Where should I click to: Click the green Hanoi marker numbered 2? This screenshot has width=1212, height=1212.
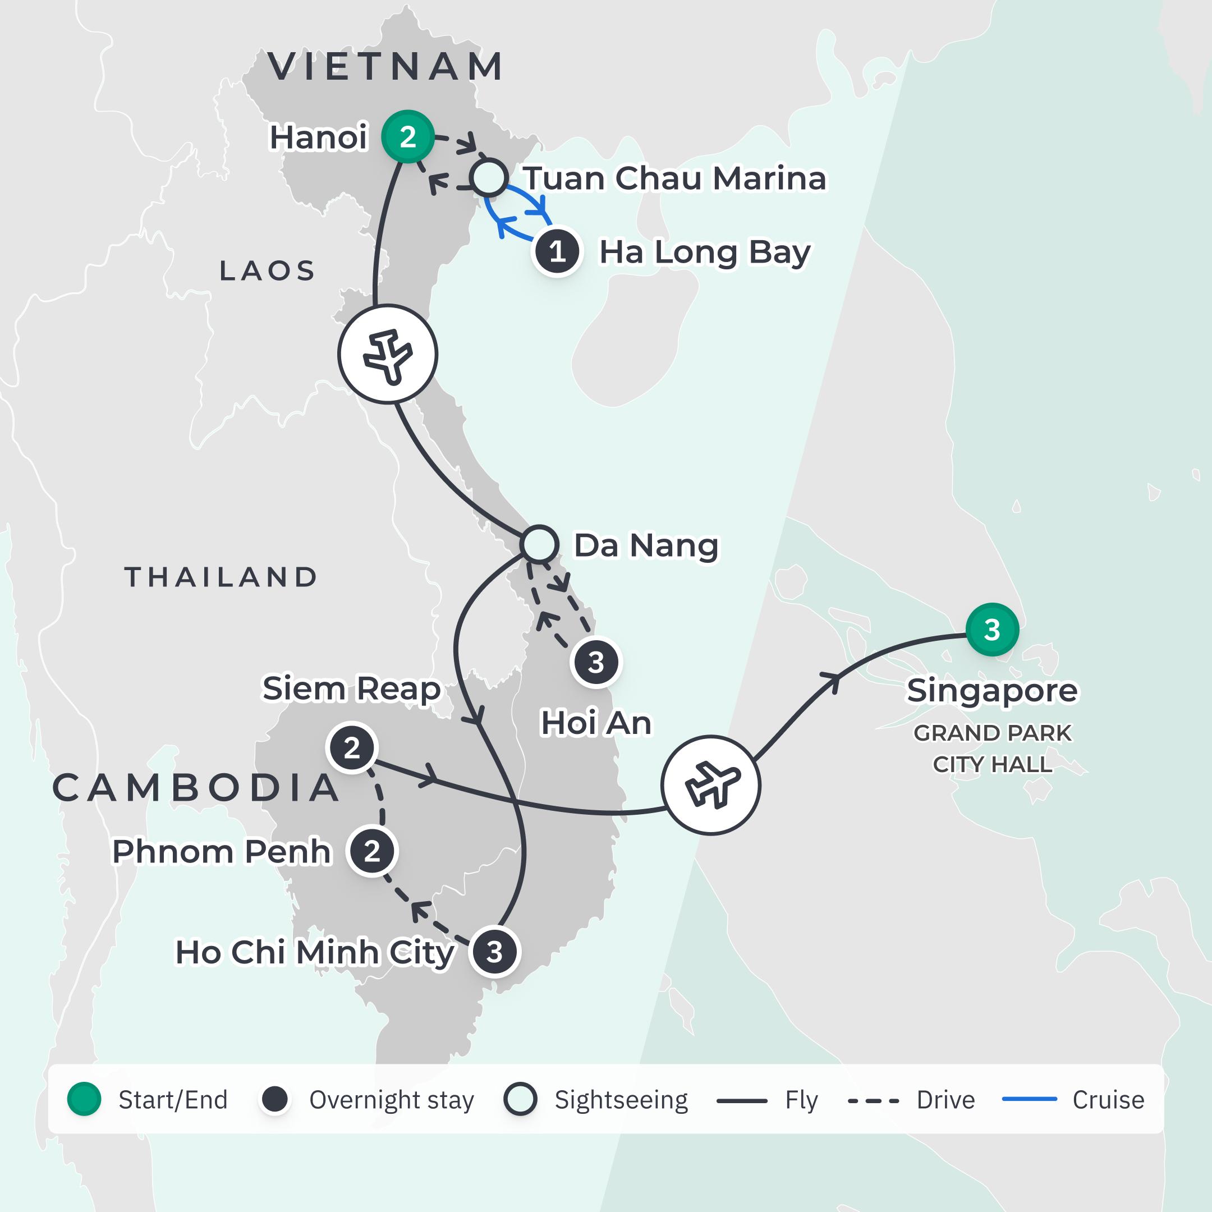coord(408,137)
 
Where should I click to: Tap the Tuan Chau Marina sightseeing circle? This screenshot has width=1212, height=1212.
coord(489,177)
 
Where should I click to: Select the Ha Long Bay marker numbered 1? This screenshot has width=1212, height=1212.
coord(557,252)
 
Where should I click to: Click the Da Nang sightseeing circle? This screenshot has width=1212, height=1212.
coord(539,544)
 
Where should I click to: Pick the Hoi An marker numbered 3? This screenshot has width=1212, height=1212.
coord(596,663)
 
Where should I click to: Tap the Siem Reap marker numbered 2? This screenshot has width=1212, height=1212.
coord(352,748)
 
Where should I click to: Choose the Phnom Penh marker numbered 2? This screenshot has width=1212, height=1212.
coord(373,851)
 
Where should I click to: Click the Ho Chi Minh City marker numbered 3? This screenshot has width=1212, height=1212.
coord(495,952)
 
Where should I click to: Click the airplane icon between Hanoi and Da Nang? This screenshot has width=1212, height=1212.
coord(388,354)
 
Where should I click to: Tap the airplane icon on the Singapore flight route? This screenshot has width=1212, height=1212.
coord(711,785)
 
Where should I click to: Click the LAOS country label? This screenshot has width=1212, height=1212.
coord(267,271)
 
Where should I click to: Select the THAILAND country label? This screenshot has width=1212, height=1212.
coord(221,577)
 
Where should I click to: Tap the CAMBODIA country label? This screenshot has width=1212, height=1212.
coord(196,788)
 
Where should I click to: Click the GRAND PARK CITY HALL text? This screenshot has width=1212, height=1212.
coord(992,749)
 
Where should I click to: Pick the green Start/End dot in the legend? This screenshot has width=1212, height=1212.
coord(84,1099)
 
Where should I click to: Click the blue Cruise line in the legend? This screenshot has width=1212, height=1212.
coord(1030,1099)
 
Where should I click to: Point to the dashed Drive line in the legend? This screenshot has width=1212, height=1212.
coord(873,1100)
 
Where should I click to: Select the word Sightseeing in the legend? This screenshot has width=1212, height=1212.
coord(621,1100)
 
